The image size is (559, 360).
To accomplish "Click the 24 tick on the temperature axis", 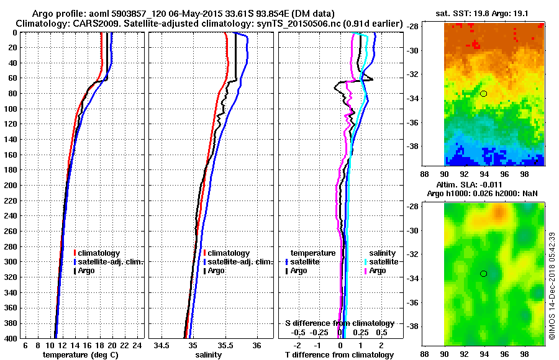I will click(x=137, y=346).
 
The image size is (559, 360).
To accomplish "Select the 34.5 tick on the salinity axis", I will click(x=163, y=346).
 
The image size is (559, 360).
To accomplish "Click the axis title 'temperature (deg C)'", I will click(x=80, y=355).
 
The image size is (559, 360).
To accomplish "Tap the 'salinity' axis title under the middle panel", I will click(x=208, y=355).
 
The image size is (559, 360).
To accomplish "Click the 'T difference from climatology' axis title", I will click(x=339, y=355).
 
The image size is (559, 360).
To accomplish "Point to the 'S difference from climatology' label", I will click(x=339, y=323).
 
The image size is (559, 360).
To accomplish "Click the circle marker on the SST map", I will click(x=483, y=93).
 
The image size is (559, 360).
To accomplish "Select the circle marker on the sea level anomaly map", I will click(x=483, y=274).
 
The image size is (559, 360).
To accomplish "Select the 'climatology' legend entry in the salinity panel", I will click(x=229, y=253).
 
